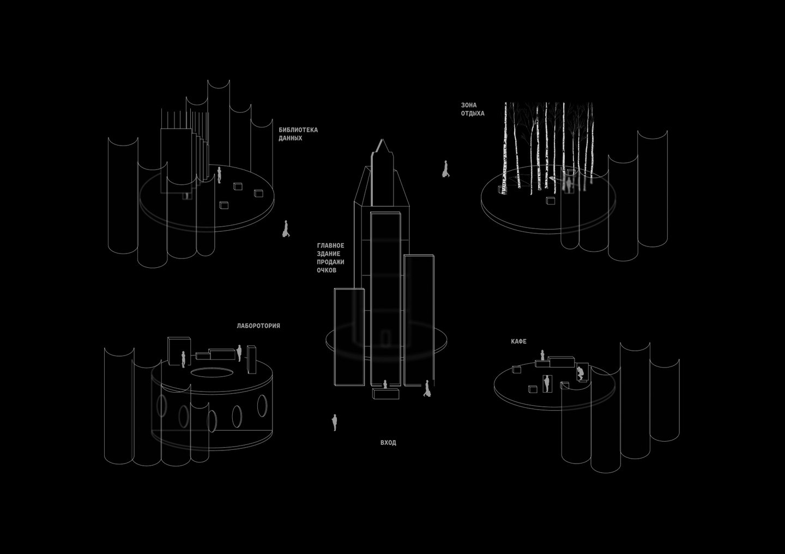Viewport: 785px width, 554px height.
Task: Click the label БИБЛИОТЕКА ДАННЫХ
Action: [x=298, y=134]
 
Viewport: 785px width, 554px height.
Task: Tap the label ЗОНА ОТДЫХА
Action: [x=473, y=110]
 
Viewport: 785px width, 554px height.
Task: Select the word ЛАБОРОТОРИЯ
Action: [x=258, y=326]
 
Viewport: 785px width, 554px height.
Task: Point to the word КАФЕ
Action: [x=518, y=341]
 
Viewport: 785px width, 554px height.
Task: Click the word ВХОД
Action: [x=388, y=443]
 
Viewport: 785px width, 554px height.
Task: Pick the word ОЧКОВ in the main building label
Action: [x=327, y=270]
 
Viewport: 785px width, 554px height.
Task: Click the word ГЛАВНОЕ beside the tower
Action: [x=330, y=245]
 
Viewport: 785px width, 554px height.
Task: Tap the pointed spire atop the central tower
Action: [x=382, y=146]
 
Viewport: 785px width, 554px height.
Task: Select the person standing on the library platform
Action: [x=219, y=175]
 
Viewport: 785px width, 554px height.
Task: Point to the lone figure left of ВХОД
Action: [x=334, y=423]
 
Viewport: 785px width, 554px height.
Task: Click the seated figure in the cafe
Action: [x=581, y=373]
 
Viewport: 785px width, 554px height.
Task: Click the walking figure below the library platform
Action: [x=286, y=228]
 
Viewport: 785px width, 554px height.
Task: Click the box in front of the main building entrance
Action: [x=385, y=393]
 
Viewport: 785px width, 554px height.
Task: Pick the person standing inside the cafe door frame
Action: [x=546, y=383]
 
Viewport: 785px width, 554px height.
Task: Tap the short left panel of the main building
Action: [x=349, y=337]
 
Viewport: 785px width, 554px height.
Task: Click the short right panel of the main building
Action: [x=419, y=320]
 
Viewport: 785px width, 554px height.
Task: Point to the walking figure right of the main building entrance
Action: [x=427, y=388]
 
